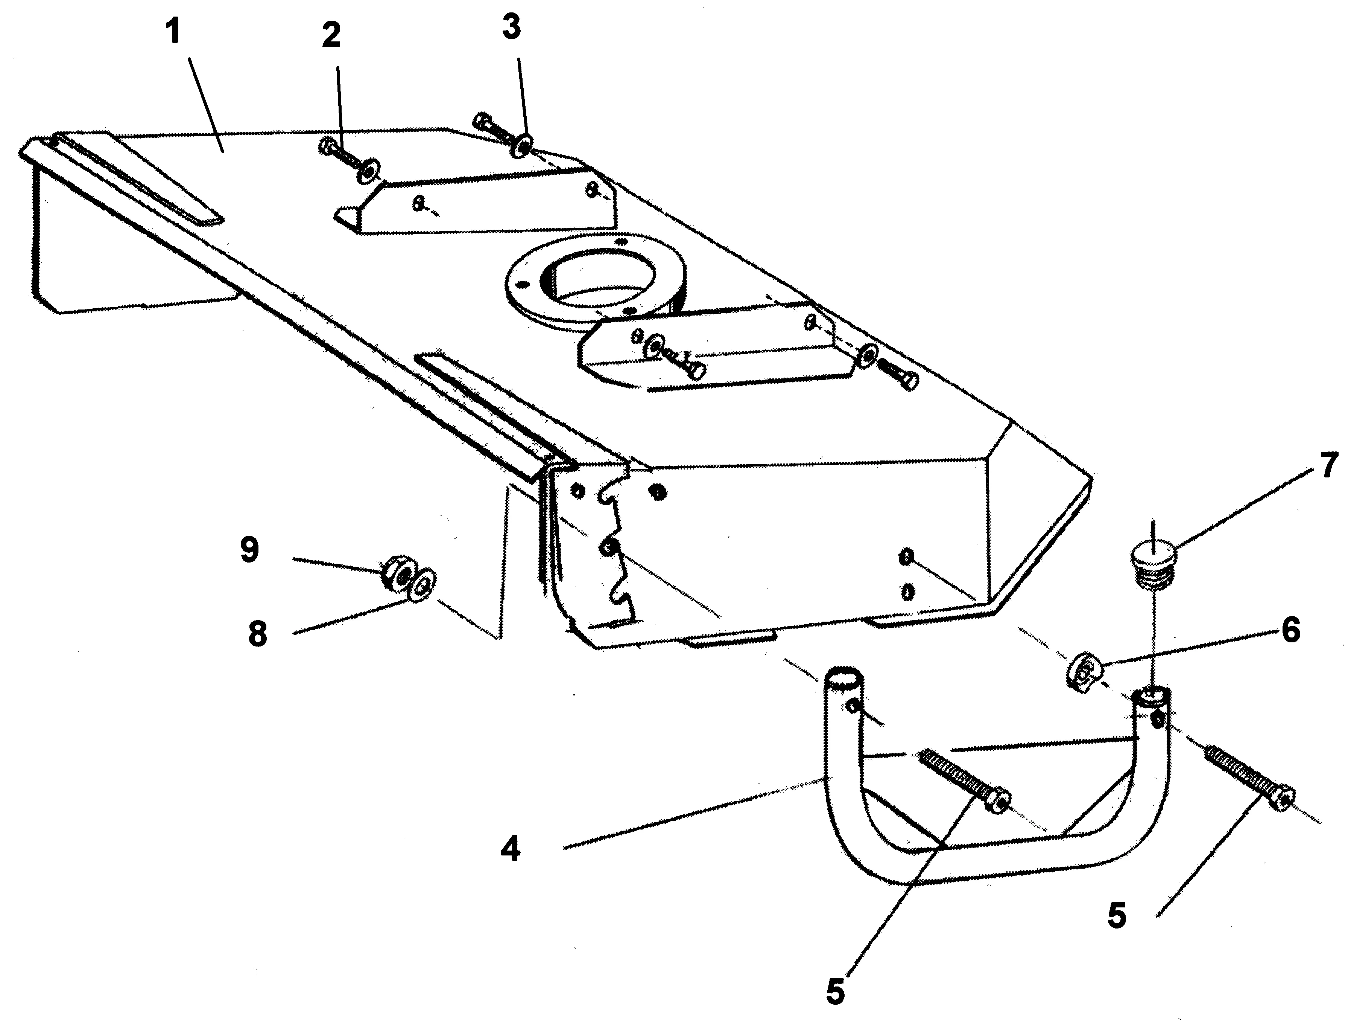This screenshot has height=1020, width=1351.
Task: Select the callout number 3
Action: point(511,27)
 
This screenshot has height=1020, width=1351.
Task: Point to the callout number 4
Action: point(510,849)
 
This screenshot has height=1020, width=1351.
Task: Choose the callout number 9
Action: point(249,550)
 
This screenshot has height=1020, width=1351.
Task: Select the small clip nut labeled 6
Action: point(1083,672)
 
